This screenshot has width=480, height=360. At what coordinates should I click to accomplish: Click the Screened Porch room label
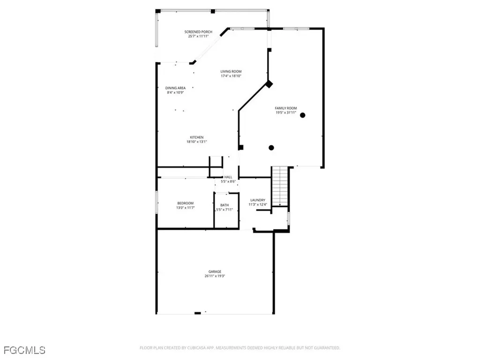[197, 32]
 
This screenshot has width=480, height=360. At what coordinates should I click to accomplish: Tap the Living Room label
[231, 71]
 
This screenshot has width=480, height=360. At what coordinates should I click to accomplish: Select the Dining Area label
[175, 88]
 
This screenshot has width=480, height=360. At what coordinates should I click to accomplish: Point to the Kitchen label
[196, 137]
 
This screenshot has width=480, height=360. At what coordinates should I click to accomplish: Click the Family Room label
[285, 108]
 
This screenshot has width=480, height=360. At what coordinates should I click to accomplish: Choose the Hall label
[228, 177]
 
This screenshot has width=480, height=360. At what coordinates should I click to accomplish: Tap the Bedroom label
[185, 203]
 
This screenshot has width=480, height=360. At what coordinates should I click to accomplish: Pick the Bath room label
[225, 205]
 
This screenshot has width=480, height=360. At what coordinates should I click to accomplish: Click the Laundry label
[258, 200]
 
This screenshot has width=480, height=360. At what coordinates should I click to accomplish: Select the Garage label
[215, 272]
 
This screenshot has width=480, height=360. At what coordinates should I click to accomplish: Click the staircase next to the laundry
[280, 186]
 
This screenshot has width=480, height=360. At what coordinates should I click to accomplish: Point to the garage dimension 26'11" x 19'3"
[215, 277]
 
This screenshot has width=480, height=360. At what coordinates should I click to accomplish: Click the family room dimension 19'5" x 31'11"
[285, 112]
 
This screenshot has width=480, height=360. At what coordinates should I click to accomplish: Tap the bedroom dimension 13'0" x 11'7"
[185, 208]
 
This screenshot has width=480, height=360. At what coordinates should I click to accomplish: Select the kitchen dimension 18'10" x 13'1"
[196, 142]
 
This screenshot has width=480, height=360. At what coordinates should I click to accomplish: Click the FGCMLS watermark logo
[24, 350]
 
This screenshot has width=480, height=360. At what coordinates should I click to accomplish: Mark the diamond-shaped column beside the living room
[269, 84]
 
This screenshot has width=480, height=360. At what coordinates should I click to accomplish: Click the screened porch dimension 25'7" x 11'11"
[197, 36]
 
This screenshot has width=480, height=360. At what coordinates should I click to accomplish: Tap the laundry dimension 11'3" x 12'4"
[258, 204]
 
